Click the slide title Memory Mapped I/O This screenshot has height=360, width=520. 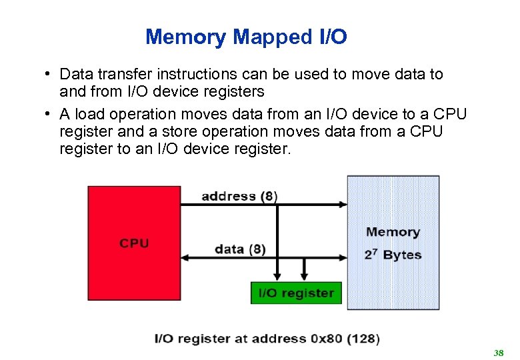(246, 37)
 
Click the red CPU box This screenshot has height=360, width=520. (134, 243)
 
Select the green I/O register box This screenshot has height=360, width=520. (296, 293)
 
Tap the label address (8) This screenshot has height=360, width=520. (239, 196)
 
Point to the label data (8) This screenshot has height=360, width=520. (240, 249)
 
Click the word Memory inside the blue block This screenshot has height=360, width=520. (393, 232)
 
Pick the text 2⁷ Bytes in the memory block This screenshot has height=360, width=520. (393, 255)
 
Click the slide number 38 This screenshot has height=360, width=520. (497, 352)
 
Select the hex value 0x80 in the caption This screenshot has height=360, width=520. (326, 339)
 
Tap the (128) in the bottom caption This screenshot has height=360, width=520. (363, 339)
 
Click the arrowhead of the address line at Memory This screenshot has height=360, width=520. (343, 203)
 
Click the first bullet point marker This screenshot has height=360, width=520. (49, 74)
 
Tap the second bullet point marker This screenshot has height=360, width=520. (49, 113)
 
